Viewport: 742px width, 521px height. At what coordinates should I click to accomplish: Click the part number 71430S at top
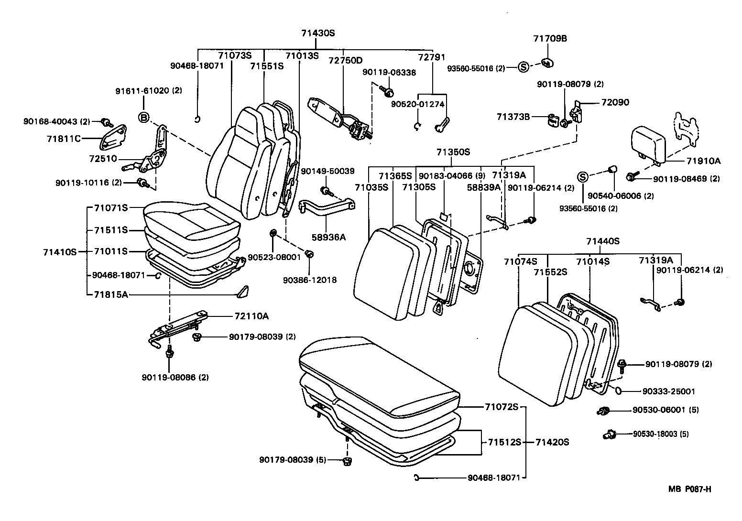coord(318,33)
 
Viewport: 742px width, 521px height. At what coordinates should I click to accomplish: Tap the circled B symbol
coord(143,117)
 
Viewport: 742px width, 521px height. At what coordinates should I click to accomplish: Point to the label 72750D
coord(345,60)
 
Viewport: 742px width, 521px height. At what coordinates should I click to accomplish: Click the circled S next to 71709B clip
coord(523,67)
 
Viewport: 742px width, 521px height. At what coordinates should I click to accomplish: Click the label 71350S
coord(453,152)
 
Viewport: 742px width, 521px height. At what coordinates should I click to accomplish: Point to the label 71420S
coord(552,442)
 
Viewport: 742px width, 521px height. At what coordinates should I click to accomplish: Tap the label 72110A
coord(251,316)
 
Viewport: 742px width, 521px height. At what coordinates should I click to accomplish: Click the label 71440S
coord(602,241)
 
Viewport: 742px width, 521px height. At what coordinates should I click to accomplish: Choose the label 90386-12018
coord(309,280)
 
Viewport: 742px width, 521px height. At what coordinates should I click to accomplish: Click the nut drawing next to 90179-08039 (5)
coord(348,461)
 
